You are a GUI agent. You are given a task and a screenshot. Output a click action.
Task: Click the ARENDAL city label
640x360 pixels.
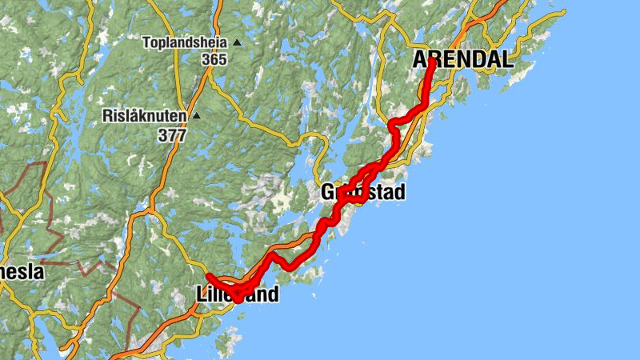463,59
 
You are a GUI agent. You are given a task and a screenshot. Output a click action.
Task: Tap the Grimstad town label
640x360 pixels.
363,192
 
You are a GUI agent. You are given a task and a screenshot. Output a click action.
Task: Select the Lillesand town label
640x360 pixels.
238,294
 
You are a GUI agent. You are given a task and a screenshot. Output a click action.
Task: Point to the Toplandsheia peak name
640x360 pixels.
185,42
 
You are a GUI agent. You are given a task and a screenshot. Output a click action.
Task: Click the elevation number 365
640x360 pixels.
214,59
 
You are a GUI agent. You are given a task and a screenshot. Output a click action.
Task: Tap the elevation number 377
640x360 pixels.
172,134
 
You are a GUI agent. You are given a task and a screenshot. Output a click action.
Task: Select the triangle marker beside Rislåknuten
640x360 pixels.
195,116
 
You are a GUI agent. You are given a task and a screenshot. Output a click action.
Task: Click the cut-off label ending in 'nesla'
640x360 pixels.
22,272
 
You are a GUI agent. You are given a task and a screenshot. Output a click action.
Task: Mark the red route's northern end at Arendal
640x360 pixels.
432,61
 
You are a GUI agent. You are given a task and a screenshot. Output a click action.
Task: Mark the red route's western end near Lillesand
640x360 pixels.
209,277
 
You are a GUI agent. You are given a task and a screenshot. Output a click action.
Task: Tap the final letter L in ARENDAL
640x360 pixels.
506,59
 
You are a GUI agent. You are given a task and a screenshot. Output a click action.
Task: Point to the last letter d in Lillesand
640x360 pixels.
273,294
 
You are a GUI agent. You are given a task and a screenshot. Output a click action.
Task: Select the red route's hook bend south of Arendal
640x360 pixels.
393,125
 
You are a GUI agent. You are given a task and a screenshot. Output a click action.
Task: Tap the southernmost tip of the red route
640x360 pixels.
238,301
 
